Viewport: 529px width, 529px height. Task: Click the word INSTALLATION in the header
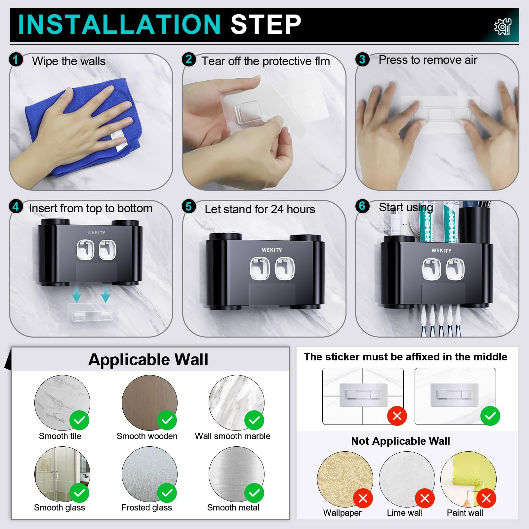pyautogui.click(x=119, y=24)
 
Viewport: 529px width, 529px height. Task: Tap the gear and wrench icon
pyautogui.click(x=503, y=26)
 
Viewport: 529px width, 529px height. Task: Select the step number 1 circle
pyautogui.click(x=16, y=60)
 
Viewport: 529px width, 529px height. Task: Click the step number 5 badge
pyautogui.click(x=189, y=207)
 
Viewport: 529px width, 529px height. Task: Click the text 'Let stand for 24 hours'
pyautogui.click(x=260, y=209)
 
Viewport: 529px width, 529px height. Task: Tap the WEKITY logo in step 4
pyautogui.click(x=96, y=232)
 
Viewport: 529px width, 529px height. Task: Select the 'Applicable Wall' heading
pyautogui.click(x=148, y=359)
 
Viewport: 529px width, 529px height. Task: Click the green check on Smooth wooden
pyautogui.click(x=167, y=420)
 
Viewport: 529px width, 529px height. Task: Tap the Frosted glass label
pyautogui.click(x=146, y=508)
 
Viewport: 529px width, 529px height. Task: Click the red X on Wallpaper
pyautogui.click(x=363, y=498)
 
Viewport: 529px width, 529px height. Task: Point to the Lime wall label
pyautogui.click(x=405, y=513)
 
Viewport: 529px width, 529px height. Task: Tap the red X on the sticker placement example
pyautogui.click(x=397, y=416)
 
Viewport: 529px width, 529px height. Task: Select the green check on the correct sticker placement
pyautogui.click(x=490, y=416)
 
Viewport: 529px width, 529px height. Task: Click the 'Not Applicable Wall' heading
pyautogui.click(x=400, y=441)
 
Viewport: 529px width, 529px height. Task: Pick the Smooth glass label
pyautogui.click(x=60, y=508)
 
